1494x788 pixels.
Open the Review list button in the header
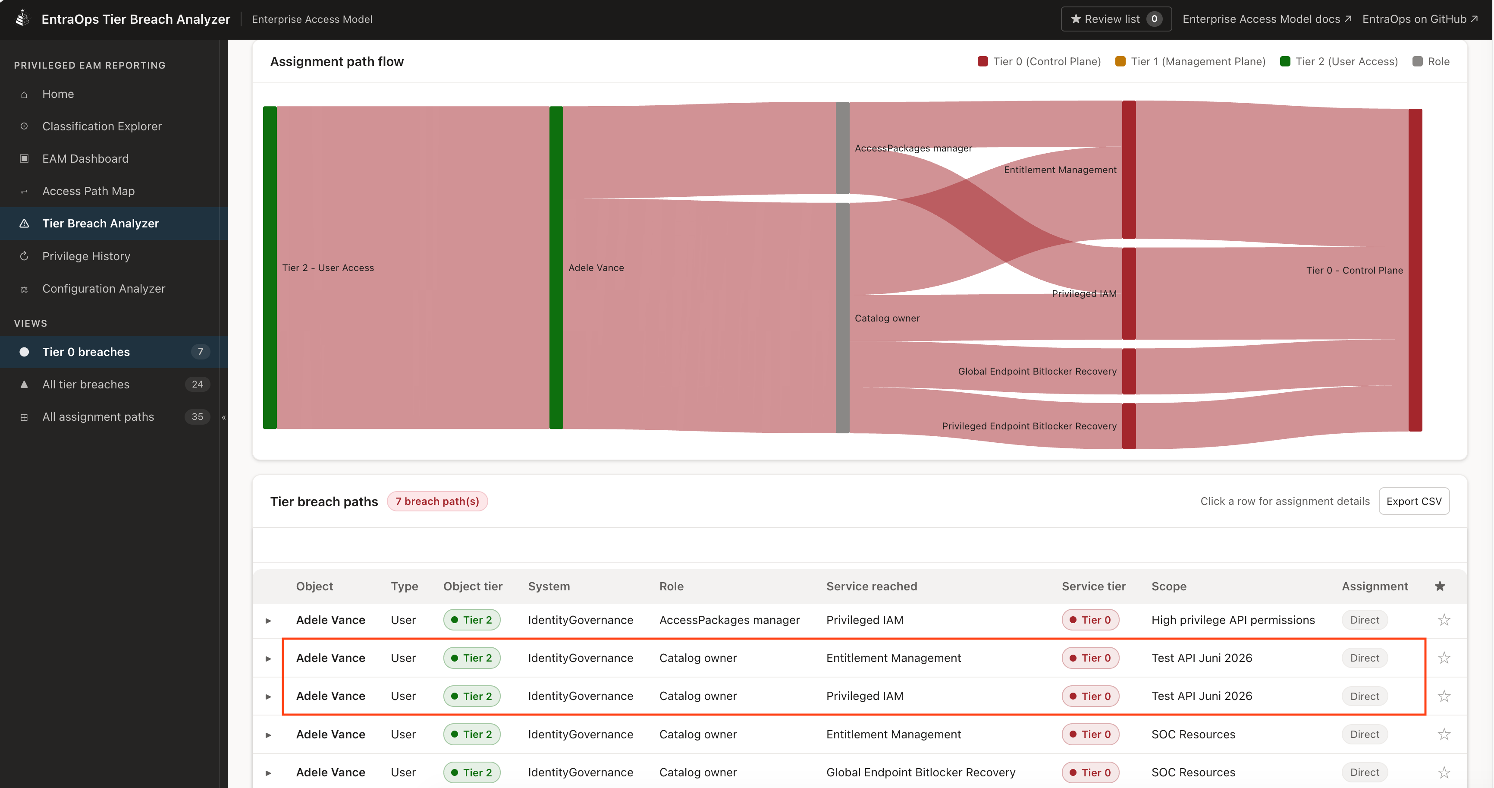[1115, 19]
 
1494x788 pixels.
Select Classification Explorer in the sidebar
[101, 126]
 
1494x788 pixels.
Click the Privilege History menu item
[86, 256]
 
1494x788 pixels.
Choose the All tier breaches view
[86, 384]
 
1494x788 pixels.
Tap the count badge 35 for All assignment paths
[197, 416]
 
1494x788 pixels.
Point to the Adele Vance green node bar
[556, 268]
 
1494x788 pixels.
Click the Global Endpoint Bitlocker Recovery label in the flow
[1037, 372]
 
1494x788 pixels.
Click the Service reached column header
[871, 586]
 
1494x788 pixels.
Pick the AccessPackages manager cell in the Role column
[729, 620]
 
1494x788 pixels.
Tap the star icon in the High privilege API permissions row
[1444, 620]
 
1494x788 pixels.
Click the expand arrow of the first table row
[268, 620]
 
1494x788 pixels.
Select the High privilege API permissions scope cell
[1233, 620]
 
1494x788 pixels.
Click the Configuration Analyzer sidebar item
[103, 288]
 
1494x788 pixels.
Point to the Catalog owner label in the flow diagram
[887, 318]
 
